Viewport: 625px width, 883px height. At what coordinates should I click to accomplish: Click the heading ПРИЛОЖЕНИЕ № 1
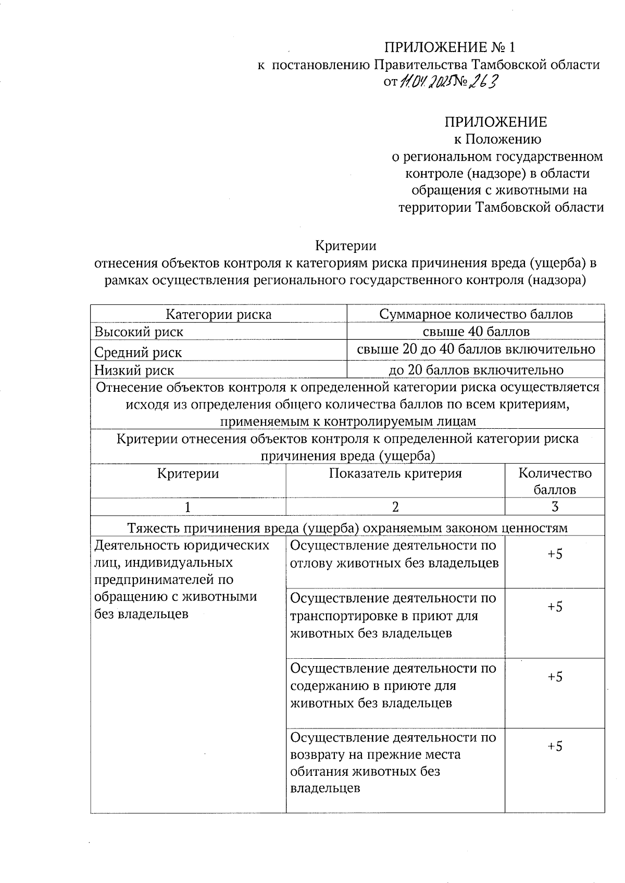click(x=449, y=48)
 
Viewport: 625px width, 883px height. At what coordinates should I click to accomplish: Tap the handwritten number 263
click(x=483, y=82)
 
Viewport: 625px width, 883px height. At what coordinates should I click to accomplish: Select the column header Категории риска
click(x=218, y=314)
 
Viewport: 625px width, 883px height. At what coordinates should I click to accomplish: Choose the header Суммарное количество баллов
click(x=476, y=314)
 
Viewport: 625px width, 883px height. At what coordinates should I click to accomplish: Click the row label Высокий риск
click(x=139, y=332)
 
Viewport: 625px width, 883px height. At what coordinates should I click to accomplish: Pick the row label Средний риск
click(x=138, y=353)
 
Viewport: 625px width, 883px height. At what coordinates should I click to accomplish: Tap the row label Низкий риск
click(x=134, y=370)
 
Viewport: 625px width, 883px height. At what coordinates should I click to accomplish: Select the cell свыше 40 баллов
click(x=476, y=331)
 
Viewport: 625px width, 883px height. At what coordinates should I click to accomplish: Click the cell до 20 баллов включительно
click(x=476, y=370)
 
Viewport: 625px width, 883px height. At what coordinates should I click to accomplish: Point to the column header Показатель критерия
click(x=395, y=474)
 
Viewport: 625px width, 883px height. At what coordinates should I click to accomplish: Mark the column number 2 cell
click(x=395, y=507)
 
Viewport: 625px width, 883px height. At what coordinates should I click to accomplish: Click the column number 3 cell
click(x=555, y=507)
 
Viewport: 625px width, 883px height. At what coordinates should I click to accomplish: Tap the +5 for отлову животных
click(x=555, y=554)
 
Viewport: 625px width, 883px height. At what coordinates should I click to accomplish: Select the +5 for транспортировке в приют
click(x=555, y=607)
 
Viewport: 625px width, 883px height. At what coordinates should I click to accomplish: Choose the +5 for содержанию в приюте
click(x=555, y=676)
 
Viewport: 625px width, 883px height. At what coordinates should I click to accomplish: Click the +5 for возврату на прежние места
click(x=555, y=746)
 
